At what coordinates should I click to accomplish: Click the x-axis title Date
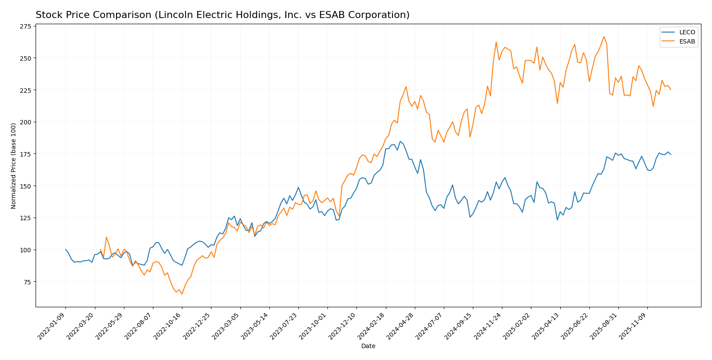[x=368, y=346]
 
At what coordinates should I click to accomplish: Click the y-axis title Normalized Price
[x=14, y=166]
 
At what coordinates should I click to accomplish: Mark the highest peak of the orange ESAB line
[x=604, y=36]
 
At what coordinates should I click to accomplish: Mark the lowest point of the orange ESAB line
[x=182, y=294]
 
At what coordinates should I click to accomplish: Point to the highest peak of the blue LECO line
[x=400, y=142]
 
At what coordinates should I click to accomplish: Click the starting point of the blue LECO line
[x=66, y=250]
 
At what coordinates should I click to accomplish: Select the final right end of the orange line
[x=671, y=90]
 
